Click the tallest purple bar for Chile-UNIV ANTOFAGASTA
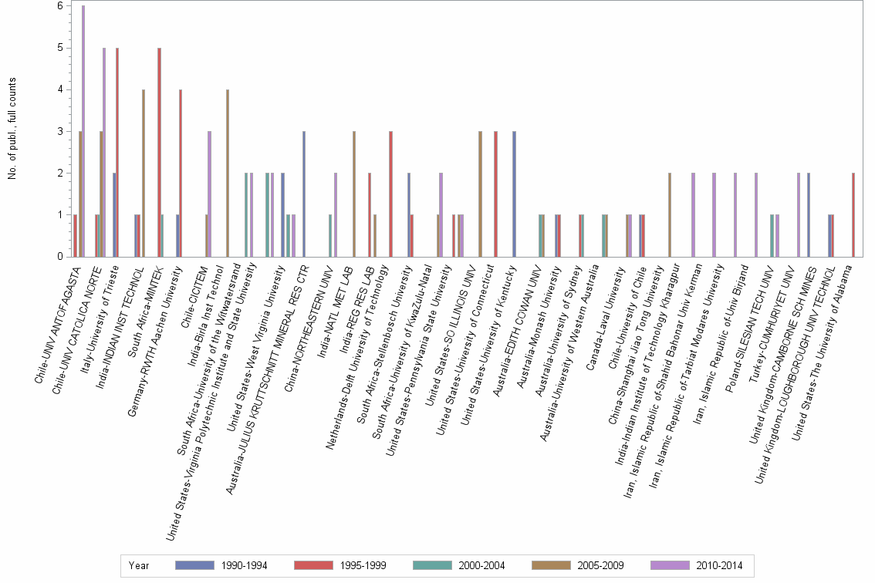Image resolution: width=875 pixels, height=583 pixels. coord(83,131)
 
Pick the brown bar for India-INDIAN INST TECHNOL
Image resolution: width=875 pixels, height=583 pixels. coord(144,173)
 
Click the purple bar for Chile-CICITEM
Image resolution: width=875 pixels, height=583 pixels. coord(209,194)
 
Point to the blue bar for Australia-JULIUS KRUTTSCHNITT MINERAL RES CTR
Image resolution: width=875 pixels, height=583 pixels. coord(304,194)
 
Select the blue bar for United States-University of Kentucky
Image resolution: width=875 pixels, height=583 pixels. coord(514,194)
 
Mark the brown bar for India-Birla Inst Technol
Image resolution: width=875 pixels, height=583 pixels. coord(227,173)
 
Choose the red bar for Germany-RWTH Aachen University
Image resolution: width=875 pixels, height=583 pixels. coord(181,173)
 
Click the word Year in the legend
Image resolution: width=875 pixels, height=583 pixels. coord(140,565)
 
